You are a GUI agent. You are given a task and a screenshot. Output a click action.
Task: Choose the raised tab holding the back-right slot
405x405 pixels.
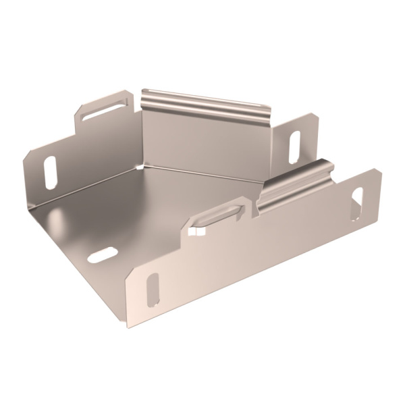pos(297,138)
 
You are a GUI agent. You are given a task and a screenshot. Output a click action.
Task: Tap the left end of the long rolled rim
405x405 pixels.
pos(147,92)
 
